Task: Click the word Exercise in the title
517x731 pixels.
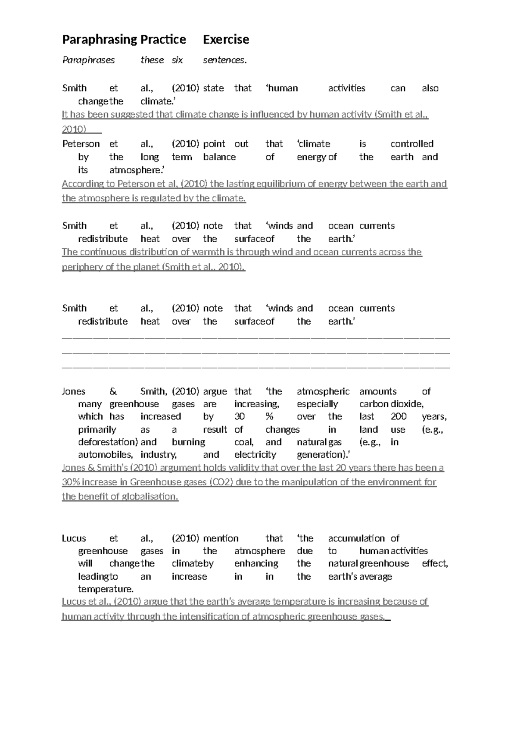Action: [x=226, y=40]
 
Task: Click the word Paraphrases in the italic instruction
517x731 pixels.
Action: [x=88, y=60]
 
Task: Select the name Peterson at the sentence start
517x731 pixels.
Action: [x=81, y=144]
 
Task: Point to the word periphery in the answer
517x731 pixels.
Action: [x=82, y=267]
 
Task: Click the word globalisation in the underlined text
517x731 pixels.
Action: [x=149, y=497]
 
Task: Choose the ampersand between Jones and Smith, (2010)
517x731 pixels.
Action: [x=113, y=391]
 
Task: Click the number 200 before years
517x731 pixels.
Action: [x=399, y=417]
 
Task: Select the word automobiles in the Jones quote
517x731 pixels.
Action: [x=105, y=455]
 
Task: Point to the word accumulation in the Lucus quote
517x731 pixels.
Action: [x=356, y=538]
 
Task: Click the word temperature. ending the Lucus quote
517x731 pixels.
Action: [x=106, y=589]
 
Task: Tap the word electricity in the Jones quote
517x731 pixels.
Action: [x=255, y=455]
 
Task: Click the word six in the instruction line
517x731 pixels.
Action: [x=177, y=60]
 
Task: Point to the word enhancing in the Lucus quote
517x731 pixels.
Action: [x=256, y=564]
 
